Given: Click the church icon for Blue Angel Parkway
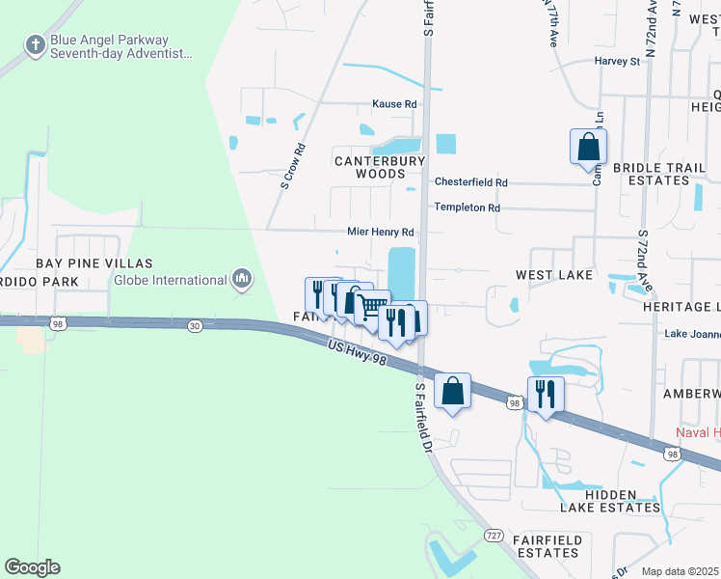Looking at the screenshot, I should [x=36, y=44].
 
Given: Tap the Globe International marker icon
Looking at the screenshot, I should [x=241, y=280].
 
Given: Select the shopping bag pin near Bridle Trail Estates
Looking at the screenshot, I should [x=588, y=148].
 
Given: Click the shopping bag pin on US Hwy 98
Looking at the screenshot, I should [x=452, y=391].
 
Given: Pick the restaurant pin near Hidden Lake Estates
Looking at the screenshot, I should [x=546, y=394].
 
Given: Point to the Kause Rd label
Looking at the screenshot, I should [x=395, y=104].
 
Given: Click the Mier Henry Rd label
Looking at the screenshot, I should [x=381, y=233].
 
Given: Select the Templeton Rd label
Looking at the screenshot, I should [x=467, y=207].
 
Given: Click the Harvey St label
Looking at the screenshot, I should [x=617, y=62].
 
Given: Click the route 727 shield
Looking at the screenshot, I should [x=494, y=535].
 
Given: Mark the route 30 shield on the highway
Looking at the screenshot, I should [x=196, y=326].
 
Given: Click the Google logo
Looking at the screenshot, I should [x=32, y=567].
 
